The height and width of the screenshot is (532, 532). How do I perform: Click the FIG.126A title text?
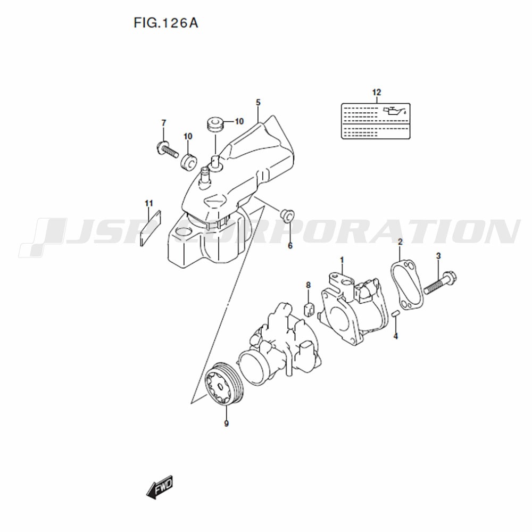[x=166, y=23]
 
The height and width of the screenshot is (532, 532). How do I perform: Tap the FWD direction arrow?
[x=160, y=487]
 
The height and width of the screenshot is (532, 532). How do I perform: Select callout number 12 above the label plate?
[x=377, y=92]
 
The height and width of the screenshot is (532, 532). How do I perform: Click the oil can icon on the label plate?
[x=394, y=111]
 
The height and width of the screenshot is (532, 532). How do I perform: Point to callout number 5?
[x=258, y=103]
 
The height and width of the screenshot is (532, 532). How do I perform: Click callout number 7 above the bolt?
[x=164, y=123]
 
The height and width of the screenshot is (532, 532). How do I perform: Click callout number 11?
[x=149, y=204]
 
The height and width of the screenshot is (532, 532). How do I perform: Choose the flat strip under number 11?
[x=151, y=228]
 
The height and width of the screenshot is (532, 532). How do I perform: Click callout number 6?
[x=290, y=246]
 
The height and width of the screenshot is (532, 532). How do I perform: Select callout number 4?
[x=395, y=336]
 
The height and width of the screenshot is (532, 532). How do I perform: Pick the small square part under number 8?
[x=309, y=310]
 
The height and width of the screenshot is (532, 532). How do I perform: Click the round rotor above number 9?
[x=225, y=384]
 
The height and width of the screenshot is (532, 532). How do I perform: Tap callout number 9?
[x=226, y=423]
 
